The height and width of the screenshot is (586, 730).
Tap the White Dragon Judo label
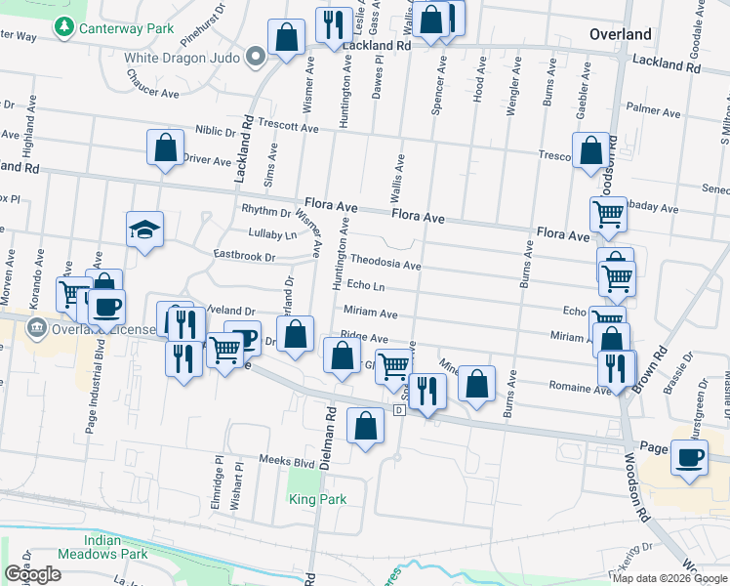click(x=182, y=57)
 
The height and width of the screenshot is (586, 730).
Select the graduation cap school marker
click(x=145, y=230)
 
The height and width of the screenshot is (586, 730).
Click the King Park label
click(x=317, y=499)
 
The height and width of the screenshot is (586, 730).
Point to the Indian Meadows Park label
click(x=116, y=547)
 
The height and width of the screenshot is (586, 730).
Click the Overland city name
click(x=620, y=34)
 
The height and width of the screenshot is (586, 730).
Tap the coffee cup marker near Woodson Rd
click(x=689, y=458)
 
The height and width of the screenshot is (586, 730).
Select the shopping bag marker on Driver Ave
click(x=166, y=149)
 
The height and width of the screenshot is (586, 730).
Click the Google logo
click(x=32, y=574)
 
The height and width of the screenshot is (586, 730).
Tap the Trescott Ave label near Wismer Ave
click(x=283, y=127)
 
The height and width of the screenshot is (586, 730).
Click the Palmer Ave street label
click(x=653, y=109)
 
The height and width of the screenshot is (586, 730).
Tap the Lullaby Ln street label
click(x=271, y=234)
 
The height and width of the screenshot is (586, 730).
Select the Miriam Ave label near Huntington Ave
click(x=370, y=314)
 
